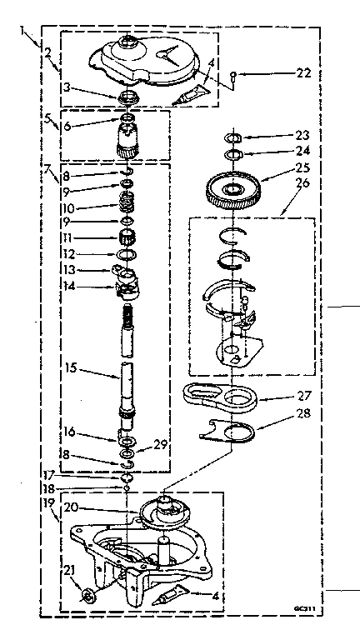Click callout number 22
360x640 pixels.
[303, 73]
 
